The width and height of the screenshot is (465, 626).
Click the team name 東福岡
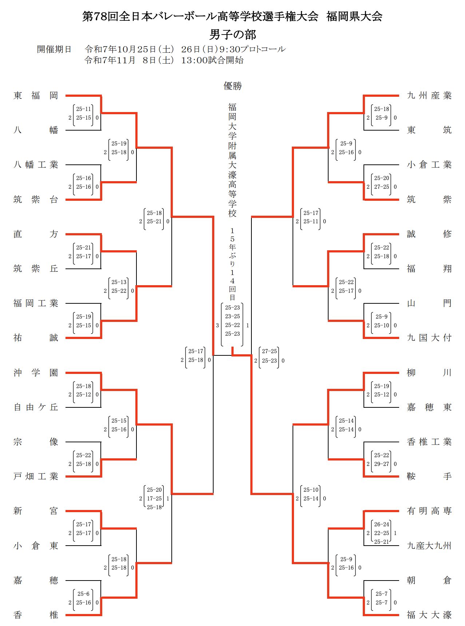36,96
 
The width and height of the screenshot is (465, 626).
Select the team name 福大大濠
429,615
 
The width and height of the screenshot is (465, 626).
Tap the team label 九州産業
429,96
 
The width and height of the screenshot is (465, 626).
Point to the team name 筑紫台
36,200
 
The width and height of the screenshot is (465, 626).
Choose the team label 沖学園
36,373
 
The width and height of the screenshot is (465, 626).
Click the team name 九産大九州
429,546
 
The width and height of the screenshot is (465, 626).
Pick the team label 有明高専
429,511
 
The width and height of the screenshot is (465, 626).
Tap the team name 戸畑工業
36,477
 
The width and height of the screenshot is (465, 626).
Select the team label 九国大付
429,338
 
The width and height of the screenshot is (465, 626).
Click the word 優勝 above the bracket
232,86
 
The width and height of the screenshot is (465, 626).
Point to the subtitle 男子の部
232,35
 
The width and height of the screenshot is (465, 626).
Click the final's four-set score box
232,321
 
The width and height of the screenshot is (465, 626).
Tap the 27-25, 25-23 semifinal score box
269,356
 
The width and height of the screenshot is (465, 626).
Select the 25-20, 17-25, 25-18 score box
154,499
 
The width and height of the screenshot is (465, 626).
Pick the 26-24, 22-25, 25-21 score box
381,533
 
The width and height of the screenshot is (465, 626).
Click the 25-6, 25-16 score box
83,598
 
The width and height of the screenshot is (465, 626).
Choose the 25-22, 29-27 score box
381,460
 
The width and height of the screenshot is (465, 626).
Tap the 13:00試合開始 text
212,60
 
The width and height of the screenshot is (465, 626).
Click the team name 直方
36,234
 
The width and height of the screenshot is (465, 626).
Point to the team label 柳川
429,373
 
